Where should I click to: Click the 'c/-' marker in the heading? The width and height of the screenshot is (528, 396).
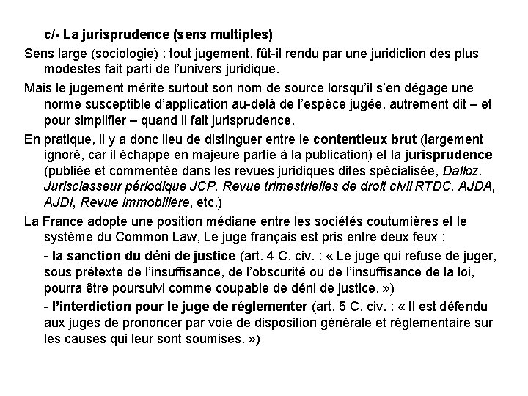tap(53, 35)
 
